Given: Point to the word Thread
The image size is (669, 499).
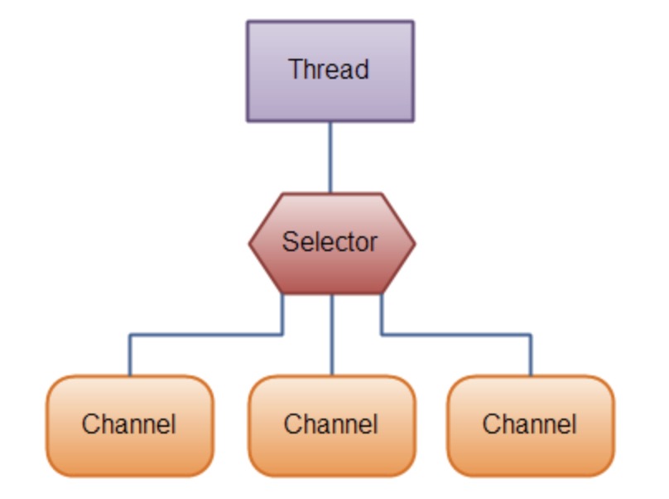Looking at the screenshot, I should pyautogui.click(x=329, y=70).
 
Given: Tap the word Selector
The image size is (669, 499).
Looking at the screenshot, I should pyautogui.click(x=330, y=242).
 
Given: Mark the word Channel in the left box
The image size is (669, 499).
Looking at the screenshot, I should pyautogui.click(x=129, y=424).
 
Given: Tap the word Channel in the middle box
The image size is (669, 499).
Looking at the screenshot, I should pyautogui.click(x=331, y=424).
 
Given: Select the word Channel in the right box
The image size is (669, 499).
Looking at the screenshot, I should pyautogui.click(x=530, y=424).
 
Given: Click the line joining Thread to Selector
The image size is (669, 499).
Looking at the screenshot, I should pyautogui.click(x=330, y=157).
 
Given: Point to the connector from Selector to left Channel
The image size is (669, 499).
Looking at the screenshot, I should pyautogui.click(x=207, y=335).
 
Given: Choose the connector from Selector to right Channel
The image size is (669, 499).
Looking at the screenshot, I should pyautogui.click(x=455, y=335).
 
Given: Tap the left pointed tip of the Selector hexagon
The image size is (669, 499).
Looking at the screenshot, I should pyautogui.click(x=252, y=244).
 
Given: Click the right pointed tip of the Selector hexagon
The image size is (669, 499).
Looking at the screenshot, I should pyautogui.click(x=412, y=244).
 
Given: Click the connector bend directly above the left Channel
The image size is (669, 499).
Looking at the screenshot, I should pyautogui.click(x=130, y=335).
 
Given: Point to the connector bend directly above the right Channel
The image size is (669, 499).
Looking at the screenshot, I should pyautogui.click(x=531, y=335).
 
